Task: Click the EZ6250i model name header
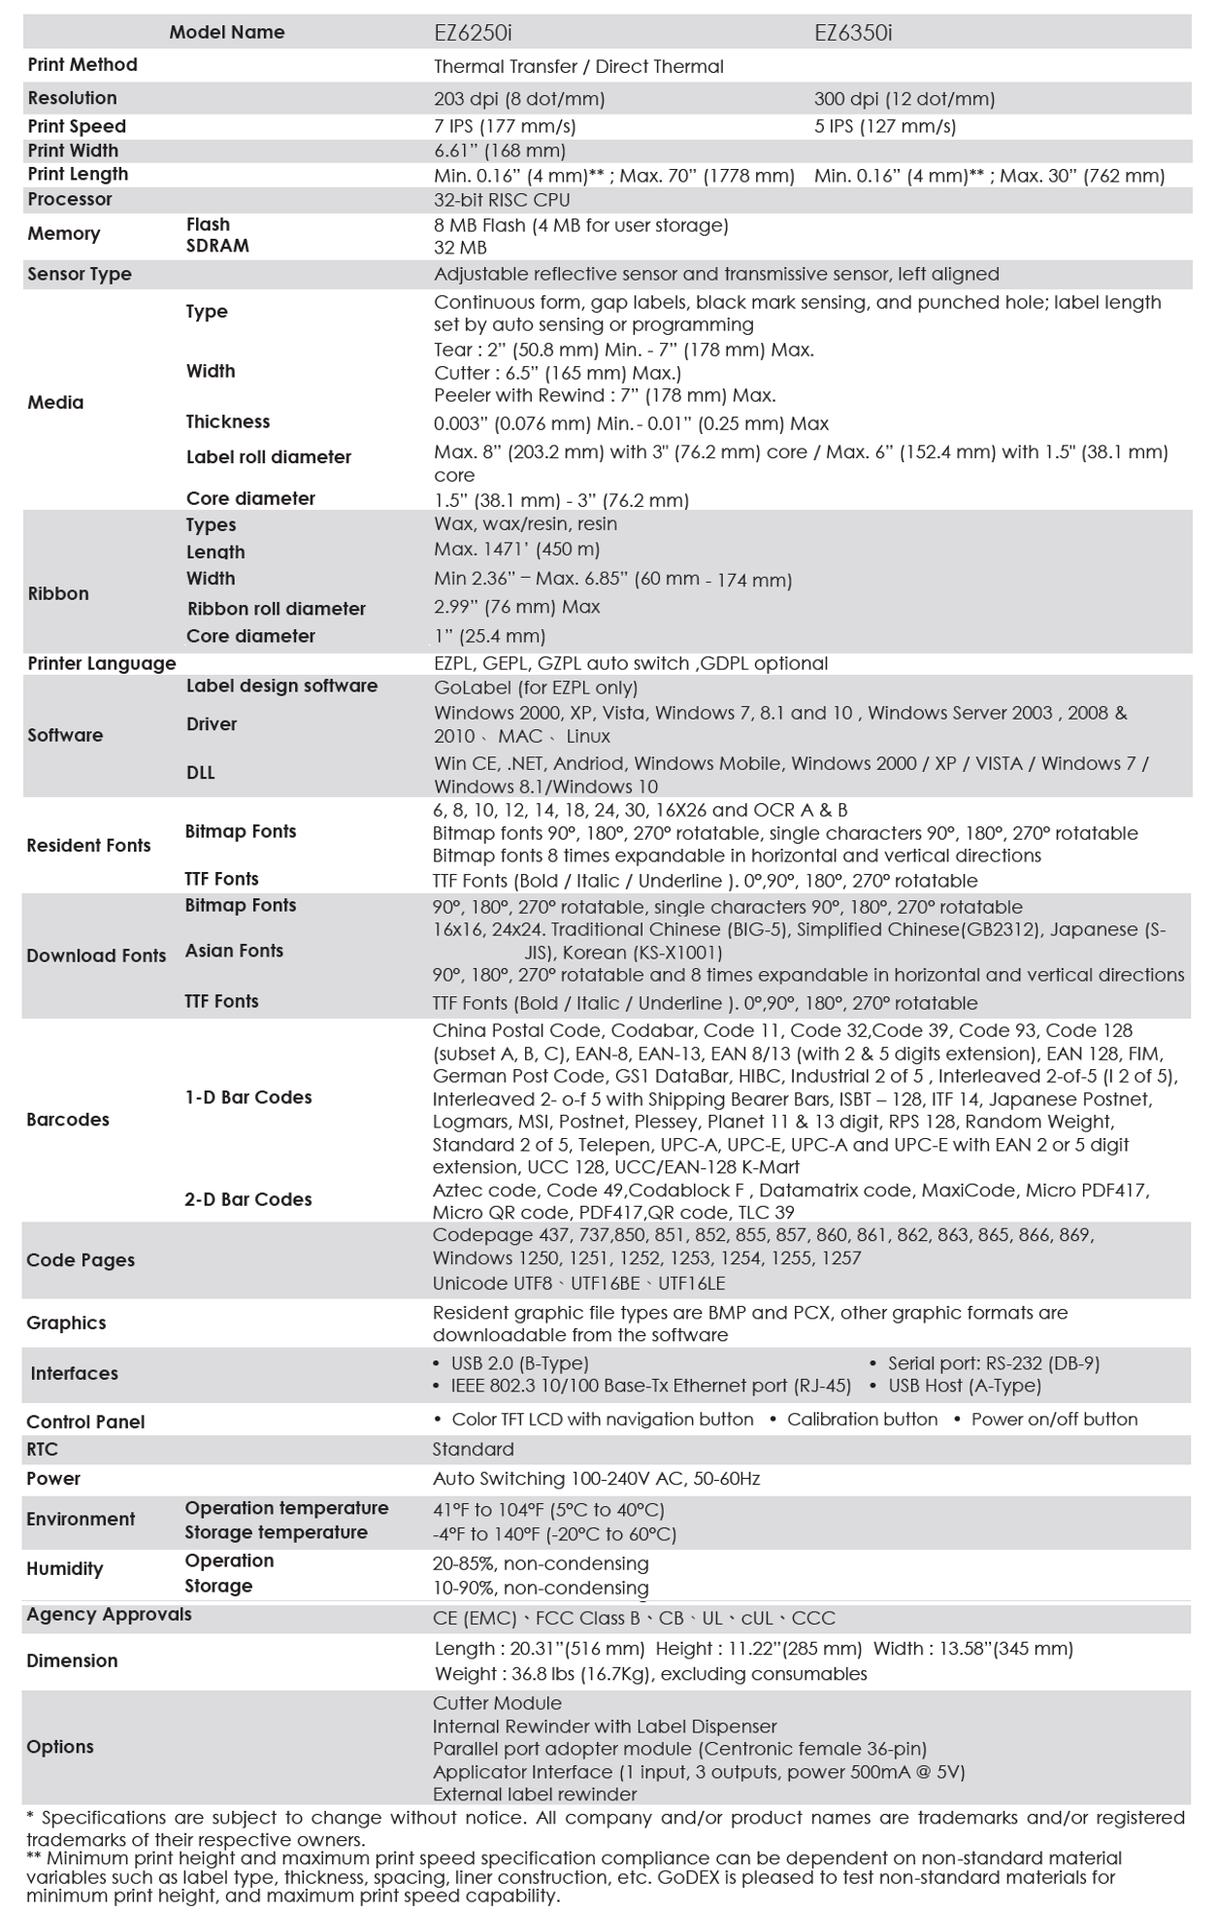pos(473,32)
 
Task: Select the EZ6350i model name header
pos(853,32)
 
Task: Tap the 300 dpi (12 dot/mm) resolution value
pos(905,98)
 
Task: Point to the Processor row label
pos(70,199)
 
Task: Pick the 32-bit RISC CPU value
pos(502,200)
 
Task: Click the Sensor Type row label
pos(80,274)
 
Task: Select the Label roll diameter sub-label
pos(269,456)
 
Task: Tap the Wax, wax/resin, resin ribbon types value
pos(525,523)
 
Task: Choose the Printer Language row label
pos(102,663)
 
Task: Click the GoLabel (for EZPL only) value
pos(536,687)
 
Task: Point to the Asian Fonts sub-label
pos(234,951)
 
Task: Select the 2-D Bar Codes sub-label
pos(248,1199)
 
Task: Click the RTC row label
pos(43,1449)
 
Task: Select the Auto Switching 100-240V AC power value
pos(596,1479)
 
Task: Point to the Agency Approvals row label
pos(109,1614)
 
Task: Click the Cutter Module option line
pos(497,1703)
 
